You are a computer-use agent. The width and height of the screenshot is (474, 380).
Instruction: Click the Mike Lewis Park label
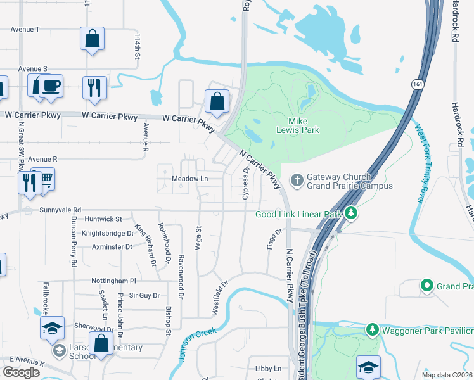click(304, 125)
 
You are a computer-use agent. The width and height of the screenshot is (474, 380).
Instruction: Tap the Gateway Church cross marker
click(296, 181)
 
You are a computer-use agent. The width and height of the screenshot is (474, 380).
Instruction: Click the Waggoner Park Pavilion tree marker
click(373, 329)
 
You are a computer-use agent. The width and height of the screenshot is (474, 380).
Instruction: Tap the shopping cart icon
click(44, 179)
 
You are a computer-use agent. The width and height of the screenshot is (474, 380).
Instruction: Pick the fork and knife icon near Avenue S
click(94, 87)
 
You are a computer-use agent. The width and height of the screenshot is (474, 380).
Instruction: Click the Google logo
click(21, 372)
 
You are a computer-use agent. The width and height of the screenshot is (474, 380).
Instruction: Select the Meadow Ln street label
click(189, 179)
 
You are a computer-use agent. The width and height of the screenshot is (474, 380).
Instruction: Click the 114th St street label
click(136, 47)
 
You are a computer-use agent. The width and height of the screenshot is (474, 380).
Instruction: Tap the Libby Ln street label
click(268, 369)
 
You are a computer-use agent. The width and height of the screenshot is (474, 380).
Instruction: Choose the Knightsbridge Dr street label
click(103, 232)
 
